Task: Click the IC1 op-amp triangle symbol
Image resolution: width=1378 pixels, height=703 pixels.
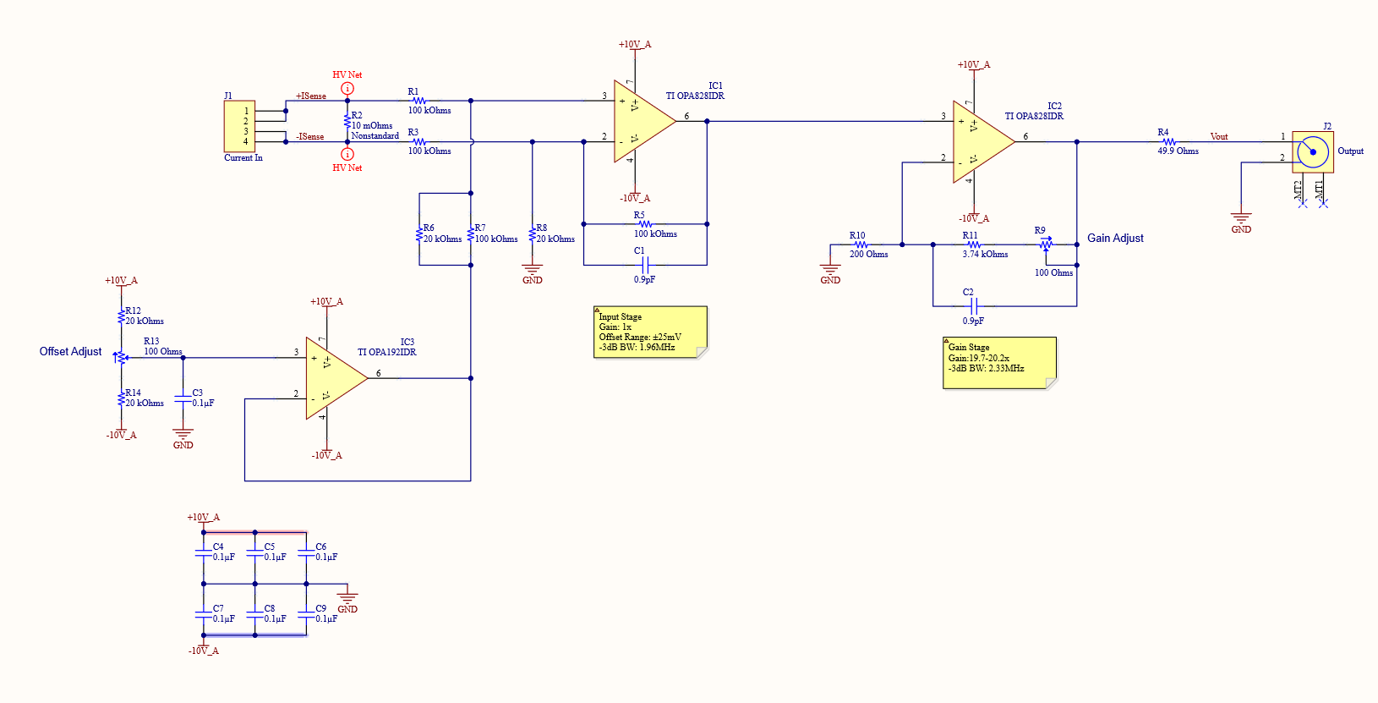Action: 641,121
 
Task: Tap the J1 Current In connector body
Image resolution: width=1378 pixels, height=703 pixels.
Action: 239,126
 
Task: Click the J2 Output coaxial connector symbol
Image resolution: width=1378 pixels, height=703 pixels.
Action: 1313,152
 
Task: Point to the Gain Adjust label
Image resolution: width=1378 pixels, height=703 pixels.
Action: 1115,239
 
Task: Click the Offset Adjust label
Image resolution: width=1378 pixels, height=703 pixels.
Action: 70,352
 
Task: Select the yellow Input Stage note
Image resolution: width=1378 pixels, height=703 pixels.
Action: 649,332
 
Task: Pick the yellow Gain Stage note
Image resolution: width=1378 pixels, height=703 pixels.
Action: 998,363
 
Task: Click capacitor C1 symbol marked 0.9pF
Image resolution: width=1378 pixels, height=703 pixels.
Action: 645,265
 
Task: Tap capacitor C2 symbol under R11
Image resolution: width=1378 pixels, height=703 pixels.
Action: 973,305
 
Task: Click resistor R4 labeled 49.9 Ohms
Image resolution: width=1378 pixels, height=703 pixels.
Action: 1169,142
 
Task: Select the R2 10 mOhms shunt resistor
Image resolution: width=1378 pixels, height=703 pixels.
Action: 347,122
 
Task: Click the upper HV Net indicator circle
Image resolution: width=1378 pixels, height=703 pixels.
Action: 347,88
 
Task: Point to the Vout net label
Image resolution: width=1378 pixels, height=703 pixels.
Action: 1218,136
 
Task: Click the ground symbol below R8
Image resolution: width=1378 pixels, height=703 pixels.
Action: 533,271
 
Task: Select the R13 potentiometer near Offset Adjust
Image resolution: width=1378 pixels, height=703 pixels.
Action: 121,357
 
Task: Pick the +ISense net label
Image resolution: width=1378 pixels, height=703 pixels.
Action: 310,96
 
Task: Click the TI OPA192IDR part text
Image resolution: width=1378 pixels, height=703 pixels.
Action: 386,352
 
